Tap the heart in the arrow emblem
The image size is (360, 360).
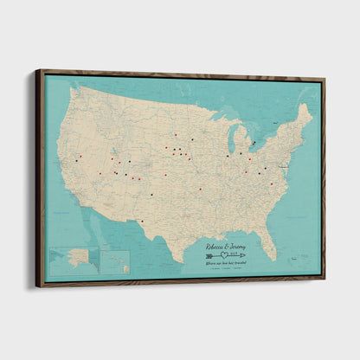tap(226, 254)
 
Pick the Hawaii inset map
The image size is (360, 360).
tap(116, 261)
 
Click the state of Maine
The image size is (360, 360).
tap(304, 116)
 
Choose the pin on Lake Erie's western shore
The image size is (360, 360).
tap(251, 158)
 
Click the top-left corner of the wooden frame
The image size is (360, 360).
tap(38, 71)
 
